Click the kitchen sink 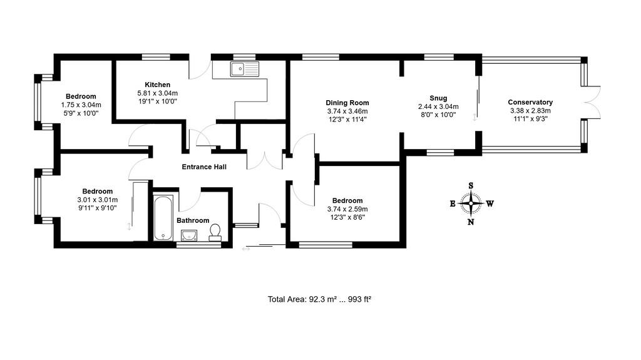(x=245, y=69)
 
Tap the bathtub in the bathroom (x=163, y=218)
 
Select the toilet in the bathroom (x=215, y=232)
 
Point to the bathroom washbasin (x=189, y=235)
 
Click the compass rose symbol (x=471, y=203)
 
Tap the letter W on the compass (x=490, y=203)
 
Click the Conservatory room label (x=530, y=102)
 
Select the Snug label (x=438, y=98)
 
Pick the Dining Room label (x=347, y=103)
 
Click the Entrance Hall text (x=204, y=167)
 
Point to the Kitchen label (x=157, y=85)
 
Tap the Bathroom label (x=193, y=220)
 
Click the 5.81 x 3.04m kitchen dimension (x=157, y=93)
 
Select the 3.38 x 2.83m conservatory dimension (x=530, y=111)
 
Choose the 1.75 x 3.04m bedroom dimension (x=81, y=105)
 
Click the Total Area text (x=287, y=299)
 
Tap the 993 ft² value (x=359, y=299)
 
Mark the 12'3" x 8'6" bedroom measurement (x=347, y=218)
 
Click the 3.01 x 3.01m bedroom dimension (x=97, y=200)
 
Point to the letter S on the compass (x=471, y=186)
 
